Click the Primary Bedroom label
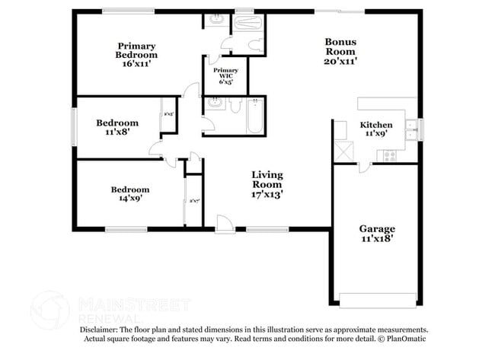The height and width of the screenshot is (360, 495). pyautogui.click(x=137, y=49)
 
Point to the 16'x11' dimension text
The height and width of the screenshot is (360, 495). pyautogui.click(x=137, y=65)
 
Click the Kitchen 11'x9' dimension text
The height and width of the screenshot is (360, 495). pyautogui.click(x=376, y=134)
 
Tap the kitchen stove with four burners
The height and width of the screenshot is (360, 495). pyautogui.click(x=389, y=156)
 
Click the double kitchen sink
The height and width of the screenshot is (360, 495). pyautogui.click(x=411, y=129)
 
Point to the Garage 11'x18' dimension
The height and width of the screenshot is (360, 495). pyautogui.click(x=377, y=238)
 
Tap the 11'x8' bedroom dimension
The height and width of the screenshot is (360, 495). pyautogui.click(x=117, y=132)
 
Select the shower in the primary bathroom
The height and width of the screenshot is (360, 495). pyautogui.click(x=248, y=22)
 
